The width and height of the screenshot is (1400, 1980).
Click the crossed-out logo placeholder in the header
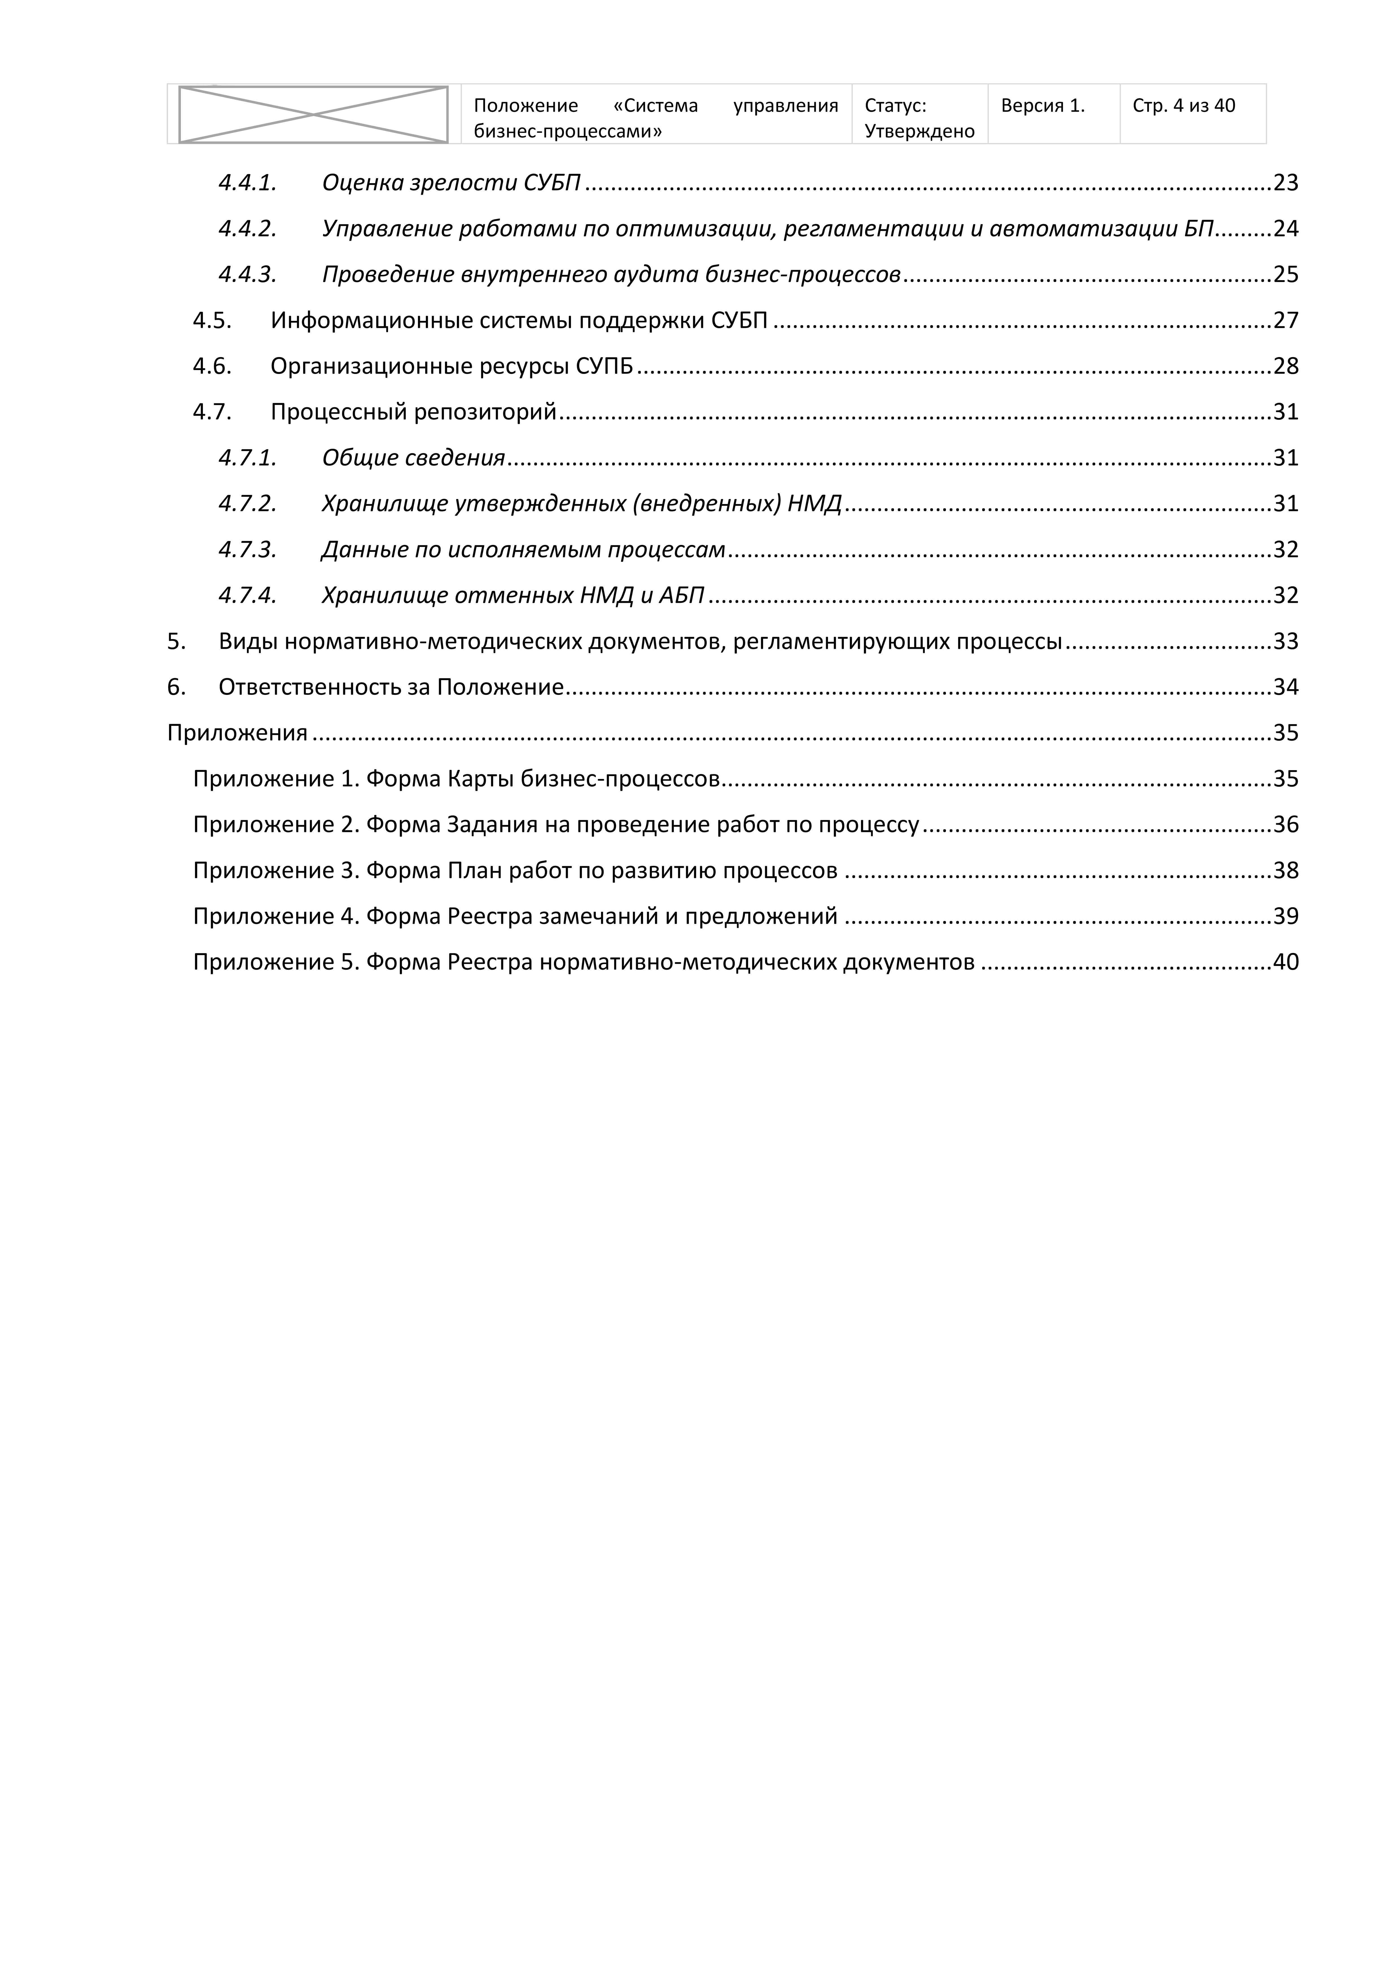pyautogui.click(x=313, y=114)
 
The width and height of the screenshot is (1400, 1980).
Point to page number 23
pyautogui.click(x=1285, y=183)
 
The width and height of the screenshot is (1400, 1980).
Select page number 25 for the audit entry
pyautogui.click(x=1285, y=274)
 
